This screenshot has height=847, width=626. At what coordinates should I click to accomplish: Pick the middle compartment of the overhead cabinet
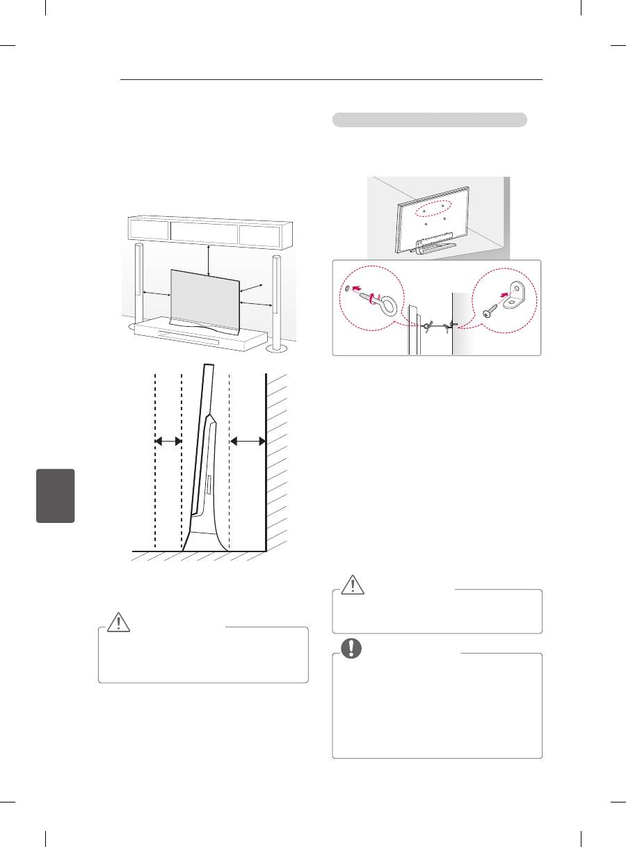(204, 232)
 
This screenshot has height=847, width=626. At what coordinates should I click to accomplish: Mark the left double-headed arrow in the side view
(168, 441)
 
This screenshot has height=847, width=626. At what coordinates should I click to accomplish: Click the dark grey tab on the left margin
(56, 496)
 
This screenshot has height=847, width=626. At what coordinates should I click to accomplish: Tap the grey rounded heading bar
(428, 120)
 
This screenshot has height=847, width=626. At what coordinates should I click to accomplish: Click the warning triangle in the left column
(118, 622)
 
